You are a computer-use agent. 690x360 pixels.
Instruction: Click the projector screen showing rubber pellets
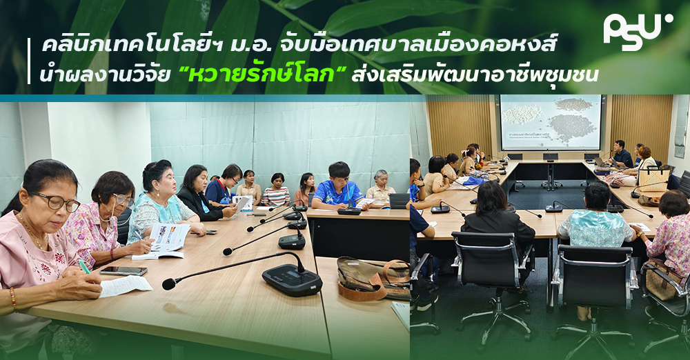(x=551, y=122)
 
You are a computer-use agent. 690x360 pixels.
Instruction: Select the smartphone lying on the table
(x=124, y=271)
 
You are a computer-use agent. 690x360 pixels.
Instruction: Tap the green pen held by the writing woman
(x=84, y=266)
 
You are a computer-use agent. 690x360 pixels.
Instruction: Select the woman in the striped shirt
(x=276, y=190)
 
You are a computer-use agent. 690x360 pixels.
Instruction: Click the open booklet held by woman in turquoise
(x=168, y=240)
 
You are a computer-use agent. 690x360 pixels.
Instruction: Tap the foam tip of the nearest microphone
(x=169, y=284)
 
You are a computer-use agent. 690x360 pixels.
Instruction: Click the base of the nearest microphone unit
(x=292, y=280)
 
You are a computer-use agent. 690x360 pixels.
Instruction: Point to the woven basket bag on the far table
(x=653, y=178)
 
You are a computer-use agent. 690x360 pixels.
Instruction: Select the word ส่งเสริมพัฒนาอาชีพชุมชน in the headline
(x=475, y=74)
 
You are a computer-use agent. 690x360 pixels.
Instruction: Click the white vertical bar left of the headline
(x=29, y=61)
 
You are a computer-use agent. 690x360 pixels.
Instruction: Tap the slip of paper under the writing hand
(x=126, y=286)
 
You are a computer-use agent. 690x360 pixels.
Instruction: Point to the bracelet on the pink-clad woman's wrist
(x=12, y=298)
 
